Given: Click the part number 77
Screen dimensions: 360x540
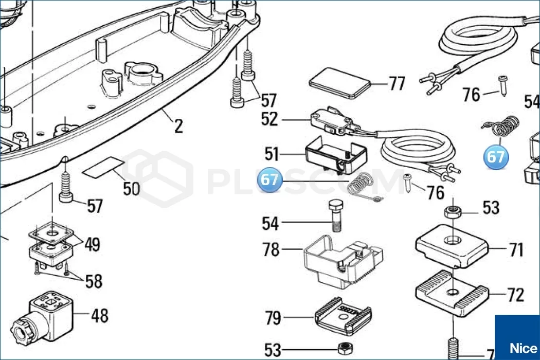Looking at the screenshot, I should click(x=397, y=83).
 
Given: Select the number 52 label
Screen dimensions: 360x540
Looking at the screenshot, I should click(x=269, y=119).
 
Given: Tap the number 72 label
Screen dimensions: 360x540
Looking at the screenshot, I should click(x=515, y=295).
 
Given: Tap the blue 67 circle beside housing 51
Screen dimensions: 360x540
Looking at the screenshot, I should click(x=271, y=180).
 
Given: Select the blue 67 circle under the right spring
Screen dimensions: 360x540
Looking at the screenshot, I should click(x=496, y=157).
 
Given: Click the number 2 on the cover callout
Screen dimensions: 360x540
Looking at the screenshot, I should click(x=178, y=125).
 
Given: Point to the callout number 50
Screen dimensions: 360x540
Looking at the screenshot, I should click(x=131, y=188).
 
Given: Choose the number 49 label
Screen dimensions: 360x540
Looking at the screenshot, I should click(x=92, y=245).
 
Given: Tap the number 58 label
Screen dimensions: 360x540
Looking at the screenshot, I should click(x=94, y=281).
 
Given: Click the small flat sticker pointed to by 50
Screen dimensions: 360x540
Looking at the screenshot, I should click(x=103, y=168).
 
